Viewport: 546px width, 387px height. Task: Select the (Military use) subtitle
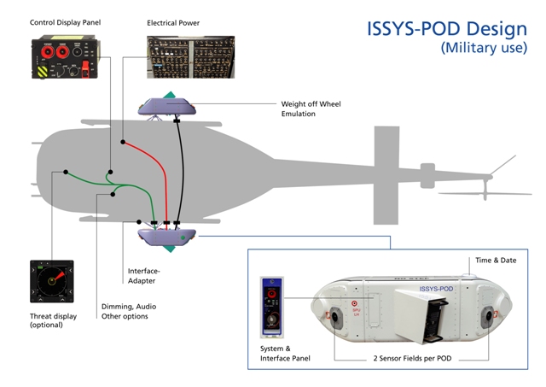484,49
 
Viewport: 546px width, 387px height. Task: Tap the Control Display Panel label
66,22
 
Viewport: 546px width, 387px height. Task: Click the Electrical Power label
173,22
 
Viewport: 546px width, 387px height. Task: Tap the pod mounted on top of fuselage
169,105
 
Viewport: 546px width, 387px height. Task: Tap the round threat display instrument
51,281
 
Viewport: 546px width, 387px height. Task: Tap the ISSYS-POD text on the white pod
437,290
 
